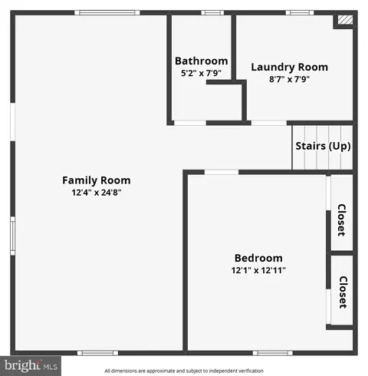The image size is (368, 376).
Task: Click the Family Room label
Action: coord(97,180)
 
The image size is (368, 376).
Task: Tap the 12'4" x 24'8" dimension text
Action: coord(97,193)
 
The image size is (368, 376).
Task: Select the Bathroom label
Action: coord(202,61)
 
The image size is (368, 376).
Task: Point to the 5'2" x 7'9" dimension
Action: coord(201,73)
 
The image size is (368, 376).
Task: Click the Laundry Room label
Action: coord(290,68)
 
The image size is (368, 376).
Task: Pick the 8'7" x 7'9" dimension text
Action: coord(289,79)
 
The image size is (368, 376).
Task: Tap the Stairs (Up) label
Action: coord(323,146)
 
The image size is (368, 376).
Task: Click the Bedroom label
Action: coord(258,258)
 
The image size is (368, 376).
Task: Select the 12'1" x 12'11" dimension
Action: coord(258,270)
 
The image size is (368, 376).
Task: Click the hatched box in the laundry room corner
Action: coord(346,20)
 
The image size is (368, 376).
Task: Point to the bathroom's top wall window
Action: coord(212,13)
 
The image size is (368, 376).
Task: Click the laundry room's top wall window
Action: coord(300,13)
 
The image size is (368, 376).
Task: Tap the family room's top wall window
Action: coord(107,13)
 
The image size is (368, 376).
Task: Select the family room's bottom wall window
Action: coord(98,353)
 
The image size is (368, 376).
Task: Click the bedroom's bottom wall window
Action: coord(273,353)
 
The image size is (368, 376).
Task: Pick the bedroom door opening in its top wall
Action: coord(222,172)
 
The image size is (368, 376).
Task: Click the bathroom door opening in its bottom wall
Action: coord(190,123)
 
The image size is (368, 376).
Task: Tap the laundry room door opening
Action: coord(269,123)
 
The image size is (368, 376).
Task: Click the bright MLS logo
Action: coord(31,366)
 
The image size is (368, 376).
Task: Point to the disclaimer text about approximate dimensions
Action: coord(184,371)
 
